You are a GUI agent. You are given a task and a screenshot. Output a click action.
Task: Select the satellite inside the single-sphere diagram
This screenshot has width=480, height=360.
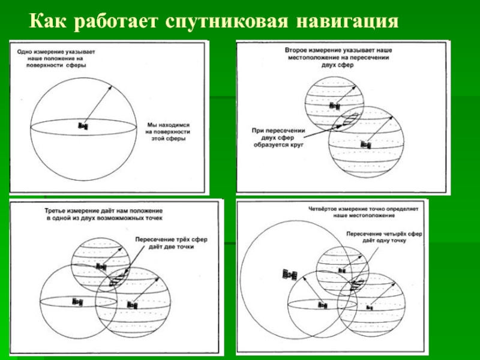click(x=83, y=126)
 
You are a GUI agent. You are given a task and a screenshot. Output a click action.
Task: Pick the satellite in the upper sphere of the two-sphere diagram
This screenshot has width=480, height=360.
click(x=334, y=105)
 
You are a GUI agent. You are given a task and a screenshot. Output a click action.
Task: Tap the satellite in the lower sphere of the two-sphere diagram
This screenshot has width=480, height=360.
click(x=365, y=145)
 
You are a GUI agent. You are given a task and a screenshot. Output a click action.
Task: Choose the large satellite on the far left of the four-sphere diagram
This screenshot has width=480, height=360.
click(x=290, y=275)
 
